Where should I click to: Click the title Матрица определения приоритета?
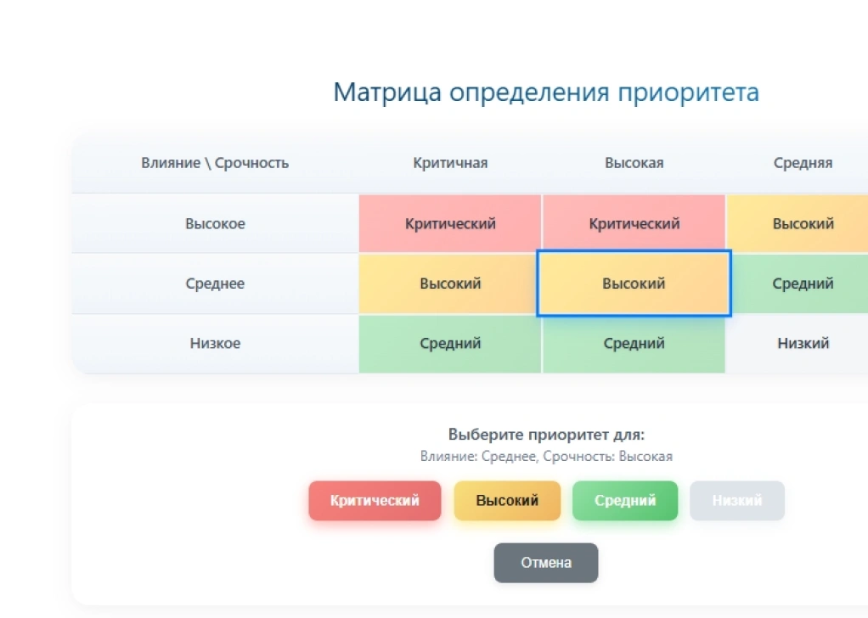(x=545, y=92)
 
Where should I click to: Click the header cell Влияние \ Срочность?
(x=215, y=163)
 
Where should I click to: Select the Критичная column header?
(x=450, y=163)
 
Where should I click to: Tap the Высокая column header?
(x=634, y=163)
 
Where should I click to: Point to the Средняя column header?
(x=803, y=163)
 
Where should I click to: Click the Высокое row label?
(x=215, y=224)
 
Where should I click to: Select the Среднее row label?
(x=215, y=284)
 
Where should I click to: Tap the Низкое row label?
(x=215, y=344)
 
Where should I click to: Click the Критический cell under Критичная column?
(x=450, y=224)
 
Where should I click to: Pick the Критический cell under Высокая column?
(x=634, y=224)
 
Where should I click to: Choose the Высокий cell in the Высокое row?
(x=803, y=224)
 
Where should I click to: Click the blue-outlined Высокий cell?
(x=634, y=284)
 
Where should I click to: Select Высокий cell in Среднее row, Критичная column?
(x=450, y=284)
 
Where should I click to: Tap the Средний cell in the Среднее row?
(x=803, y=284)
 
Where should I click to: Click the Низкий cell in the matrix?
(x=803, y=344)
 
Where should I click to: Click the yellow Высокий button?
(x=507, y=501)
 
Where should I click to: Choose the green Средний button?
(x=625, y=501)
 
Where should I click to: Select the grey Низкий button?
(x=736, y=501)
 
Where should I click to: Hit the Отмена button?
(x=546, y=563)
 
